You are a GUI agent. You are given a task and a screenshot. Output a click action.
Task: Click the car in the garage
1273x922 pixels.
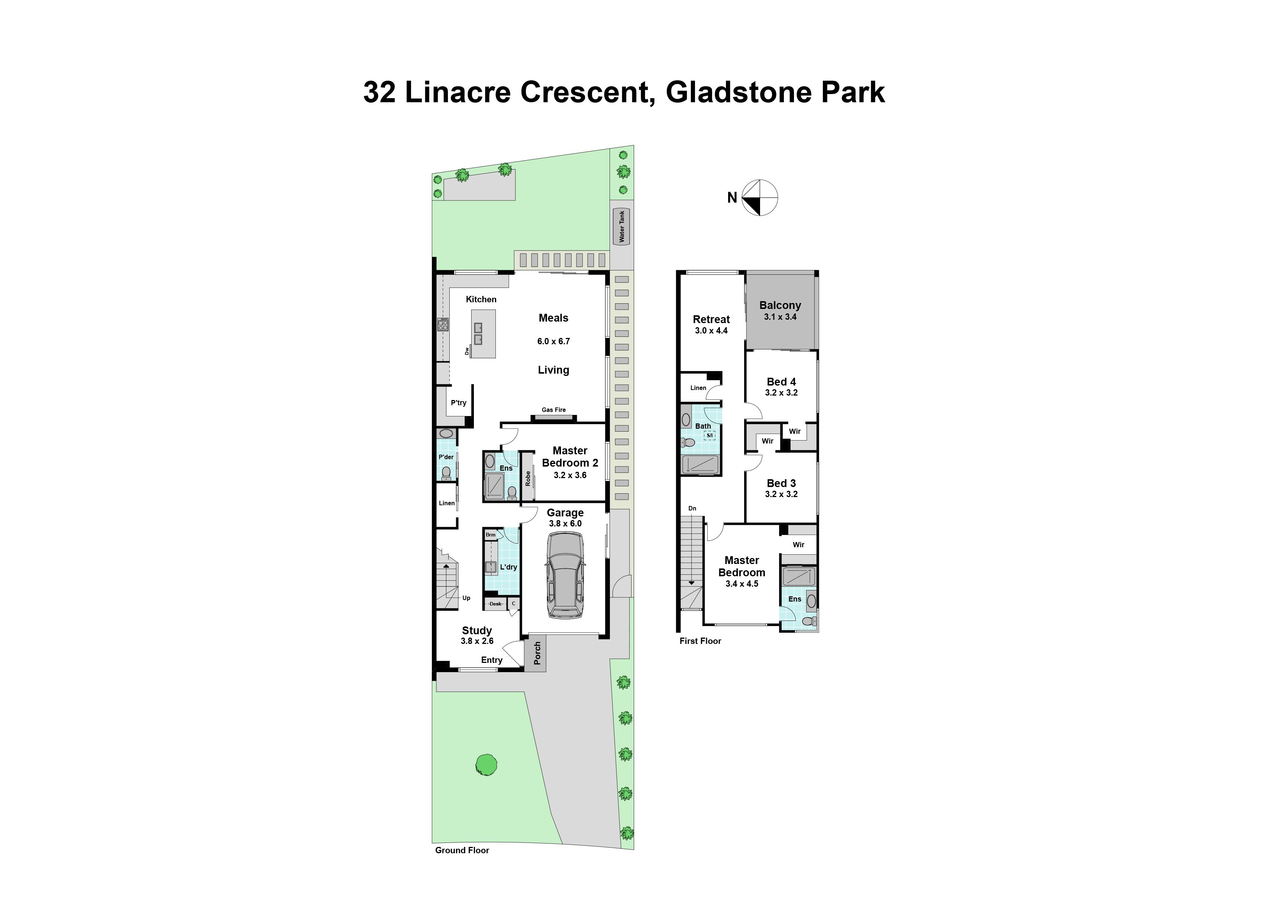565,575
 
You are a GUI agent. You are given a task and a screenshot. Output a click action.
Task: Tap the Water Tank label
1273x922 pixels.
621,226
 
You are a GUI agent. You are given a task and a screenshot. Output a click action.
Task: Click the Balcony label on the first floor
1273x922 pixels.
780,306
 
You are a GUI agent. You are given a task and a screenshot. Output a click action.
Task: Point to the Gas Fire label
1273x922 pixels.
553,410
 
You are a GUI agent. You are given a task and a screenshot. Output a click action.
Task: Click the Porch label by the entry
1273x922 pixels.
537,653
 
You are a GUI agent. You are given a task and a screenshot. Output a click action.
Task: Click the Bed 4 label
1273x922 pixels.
781,382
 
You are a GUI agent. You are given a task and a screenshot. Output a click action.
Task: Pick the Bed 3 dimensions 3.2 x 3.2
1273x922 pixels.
781,494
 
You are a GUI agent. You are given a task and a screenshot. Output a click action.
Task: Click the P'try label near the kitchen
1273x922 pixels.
459,403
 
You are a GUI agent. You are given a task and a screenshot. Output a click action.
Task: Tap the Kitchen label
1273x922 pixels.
481,299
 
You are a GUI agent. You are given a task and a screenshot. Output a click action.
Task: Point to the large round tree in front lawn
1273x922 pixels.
486,764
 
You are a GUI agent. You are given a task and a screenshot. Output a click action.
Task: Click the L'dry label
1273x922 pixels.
508,567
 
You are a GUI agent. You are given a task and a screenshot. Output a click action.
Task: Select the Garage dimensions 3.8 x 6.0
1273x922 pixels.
565,523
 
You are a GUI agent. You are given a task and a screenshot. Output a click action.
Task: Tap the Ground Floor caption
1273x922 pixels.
462,850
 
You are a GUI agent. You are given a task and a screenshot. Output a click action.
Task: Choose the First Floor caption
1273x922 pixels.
700,641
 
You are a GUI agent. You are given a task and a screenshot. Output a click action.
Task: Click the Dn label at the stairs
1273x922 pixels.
692,508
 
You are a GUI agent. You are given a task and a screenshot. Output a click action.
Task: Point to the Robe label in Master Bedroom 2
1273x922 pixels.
528,478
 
